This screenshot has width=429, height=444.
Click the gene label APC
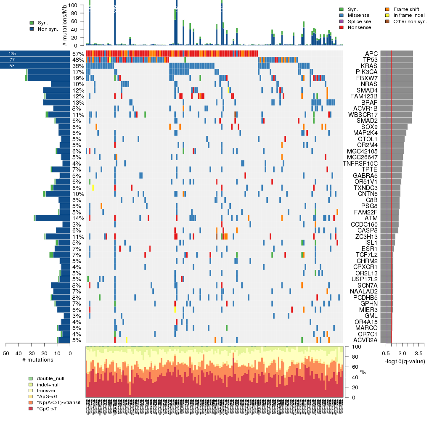pos(371,54)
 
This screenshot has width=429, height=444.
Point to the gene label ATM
pos(372,218)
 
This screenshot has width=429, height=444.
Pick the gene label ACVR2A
pos(365,340)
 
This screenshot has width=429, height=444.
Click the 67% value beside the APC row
pos(78,54)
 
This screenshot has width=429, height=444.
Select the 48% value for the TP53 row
pos(78,60)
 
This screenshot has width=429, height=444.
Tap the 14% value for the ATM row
pos(78,218)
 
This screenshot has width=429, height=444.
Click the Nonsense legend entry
pos(359,27)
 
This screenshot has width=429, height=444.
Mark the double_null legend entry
pos(50,378)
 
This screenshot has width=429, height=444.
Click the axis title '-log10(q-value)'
pos(405,361)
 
